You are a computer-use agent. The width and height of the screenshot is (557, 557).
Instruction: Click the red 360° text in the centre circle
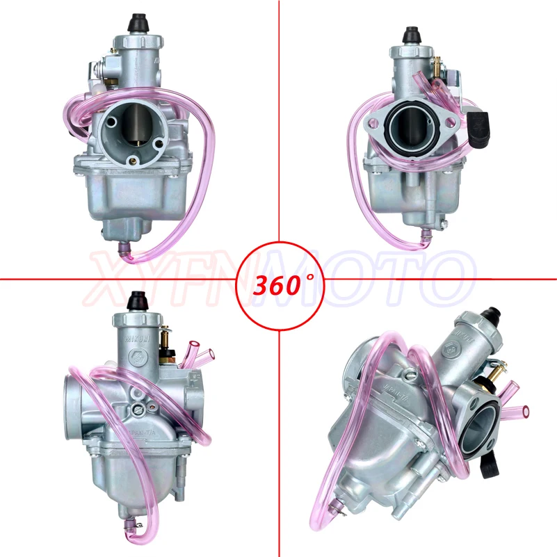pyautogui.click(x=279, y=284)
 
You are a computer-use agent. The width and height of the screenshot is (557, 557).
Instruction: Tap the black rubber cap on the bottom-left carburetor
pyautogui.click(x=136, y=301)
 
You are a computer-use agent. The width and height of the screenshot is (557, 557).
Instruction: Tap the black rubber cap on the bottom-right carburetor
pyautogui.click(x=495, y=313)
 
